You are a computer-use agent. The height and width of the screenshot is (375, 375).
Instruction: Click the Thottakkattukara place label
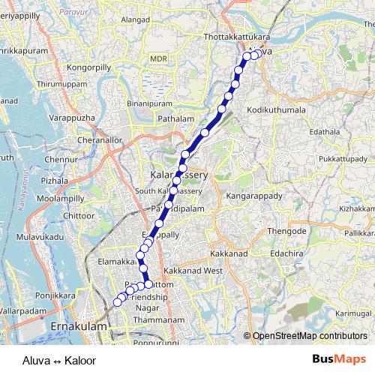236,36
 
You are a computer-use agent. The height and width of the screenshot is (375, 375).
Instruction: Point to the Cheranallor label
78,139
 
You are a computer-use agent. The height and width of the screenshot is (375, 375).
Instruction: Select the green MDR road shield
157,58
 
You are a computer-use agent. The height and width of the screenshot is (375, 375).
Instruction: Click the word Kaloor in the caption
80,360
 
